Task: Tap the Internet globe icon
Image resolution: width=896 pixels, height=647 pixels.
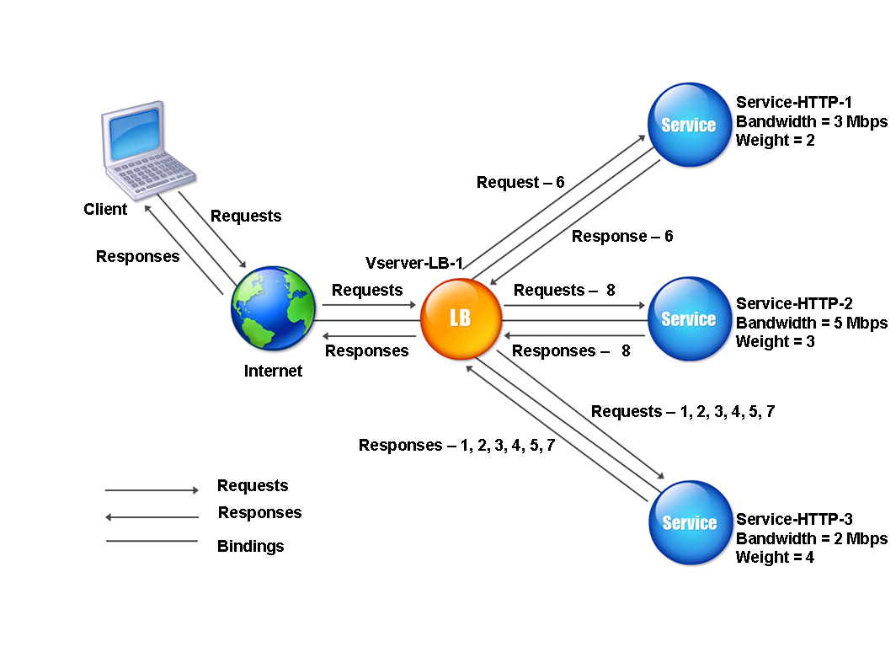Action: [x=273, y=308]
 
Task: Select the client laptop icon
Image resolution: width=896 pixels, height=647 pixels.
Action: [x=147, y=150]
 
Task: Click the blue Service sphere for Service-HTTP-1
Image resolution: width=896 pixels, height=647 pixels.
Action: [x=689, y=125]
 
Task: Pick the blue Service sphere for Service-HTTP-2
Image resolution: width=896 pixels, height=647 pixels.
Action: [x=689, y=319]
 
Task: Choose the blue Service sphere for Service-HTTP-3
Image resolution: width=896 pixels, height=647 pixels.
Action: [x=691, y=522]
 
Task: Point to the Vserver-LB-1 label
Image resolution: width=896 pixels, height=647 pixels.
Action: [x=414, y=263]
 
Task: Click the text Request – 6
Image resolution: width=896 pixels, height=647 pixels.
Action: [x=520, y=182]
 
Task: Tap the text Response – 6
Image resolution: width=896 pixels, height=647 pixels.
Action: [x=622, y=236]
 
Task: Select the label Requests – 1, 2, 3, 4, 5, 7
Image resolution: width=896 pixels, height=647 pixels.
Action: [x=683, y=411]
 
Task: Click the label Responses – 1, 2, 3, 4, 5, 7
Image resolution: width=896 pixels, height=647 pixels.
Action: [x=456, y=446]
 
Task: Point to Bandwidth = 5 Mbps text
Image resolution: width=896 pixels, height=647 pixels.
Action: [x=812, y=323]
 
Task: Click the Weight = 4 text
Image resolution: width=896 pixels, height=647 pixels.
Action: [x=775, y=557]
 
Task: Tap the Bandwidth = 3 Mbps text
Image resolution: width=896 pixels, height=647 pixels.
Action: [x=812, y=122]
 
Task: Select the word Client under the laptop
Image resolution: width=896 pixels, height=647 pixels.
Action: [x=105, y=209]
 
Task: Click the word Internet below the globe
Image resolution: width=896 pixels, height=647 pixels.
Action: [x=273, y=371]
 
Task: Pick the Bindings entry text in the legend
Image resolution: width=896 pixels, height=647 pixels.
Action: [x=250, y=547]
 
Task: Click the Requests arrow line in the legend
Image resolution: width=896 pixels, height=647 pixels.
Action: [x=152, y=489]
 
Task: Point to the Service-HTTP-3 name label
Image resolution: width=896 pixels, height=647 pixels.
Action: [x=794, y=519]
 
